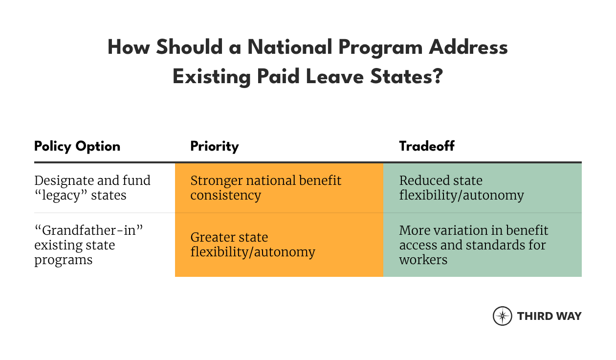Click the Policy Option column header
[77, 146]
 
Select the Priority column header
[215, 146]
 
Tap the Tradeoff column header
[427, 146]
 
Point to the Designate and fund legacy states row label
[92, 188]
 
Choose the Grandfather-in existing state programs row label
[88, 245]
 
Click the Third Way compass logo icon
[503, 316]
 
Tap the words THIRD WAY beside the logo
[550, 316]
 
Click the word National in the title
[290, 47]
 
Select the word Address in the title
[468, 47]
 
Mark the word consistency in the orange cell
[225, 196]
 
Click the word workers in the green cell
[423, 259]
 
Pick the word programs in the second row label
[63, 260]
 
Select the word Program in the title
[380, 47]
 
